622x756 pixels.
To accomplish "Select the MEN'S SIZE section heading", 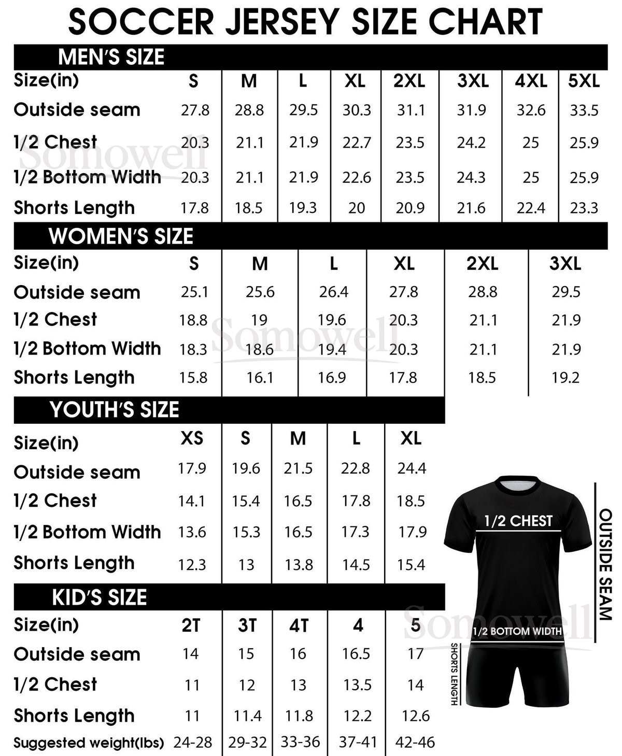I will [111, 57].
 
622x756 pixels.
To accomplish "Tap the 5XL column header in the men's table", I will [584, 81].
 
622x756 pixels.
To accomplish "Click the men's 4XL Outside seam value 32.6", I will [531, 110].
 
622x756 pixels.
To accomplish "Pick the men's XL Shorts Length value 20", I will [356, 208].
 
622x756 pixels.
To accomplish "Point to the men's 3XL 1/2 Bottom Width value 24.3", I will [471, 178].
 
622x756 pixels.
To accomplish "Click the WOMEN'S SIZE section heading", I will [121, 236].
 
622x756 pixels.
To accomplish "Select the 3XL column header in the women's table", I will [565, 264].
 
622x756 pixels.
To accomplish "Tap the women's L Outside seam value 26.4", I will [333, 292].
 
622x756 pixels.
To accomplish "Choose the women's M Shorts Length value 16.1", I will [260, 378].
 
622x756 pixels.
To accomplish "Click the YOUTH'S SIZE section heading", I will [114, 410].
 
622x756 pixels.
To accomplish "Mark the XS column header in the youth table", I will [192, 438].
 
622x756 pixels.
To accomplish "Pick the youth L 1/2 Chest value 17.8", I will [356, 501].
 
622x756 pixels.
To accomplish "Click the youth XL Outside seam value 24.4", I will [412, 468].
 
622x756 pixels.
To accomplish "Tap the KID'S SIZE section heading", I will [99, 597].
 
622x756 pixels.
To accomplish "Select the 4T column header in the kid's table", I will [299, 626].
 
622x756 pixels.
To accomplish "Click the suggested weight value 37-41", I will [357, 743].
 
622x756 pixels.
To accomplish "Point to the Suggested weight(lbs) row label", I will [89, 743].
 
